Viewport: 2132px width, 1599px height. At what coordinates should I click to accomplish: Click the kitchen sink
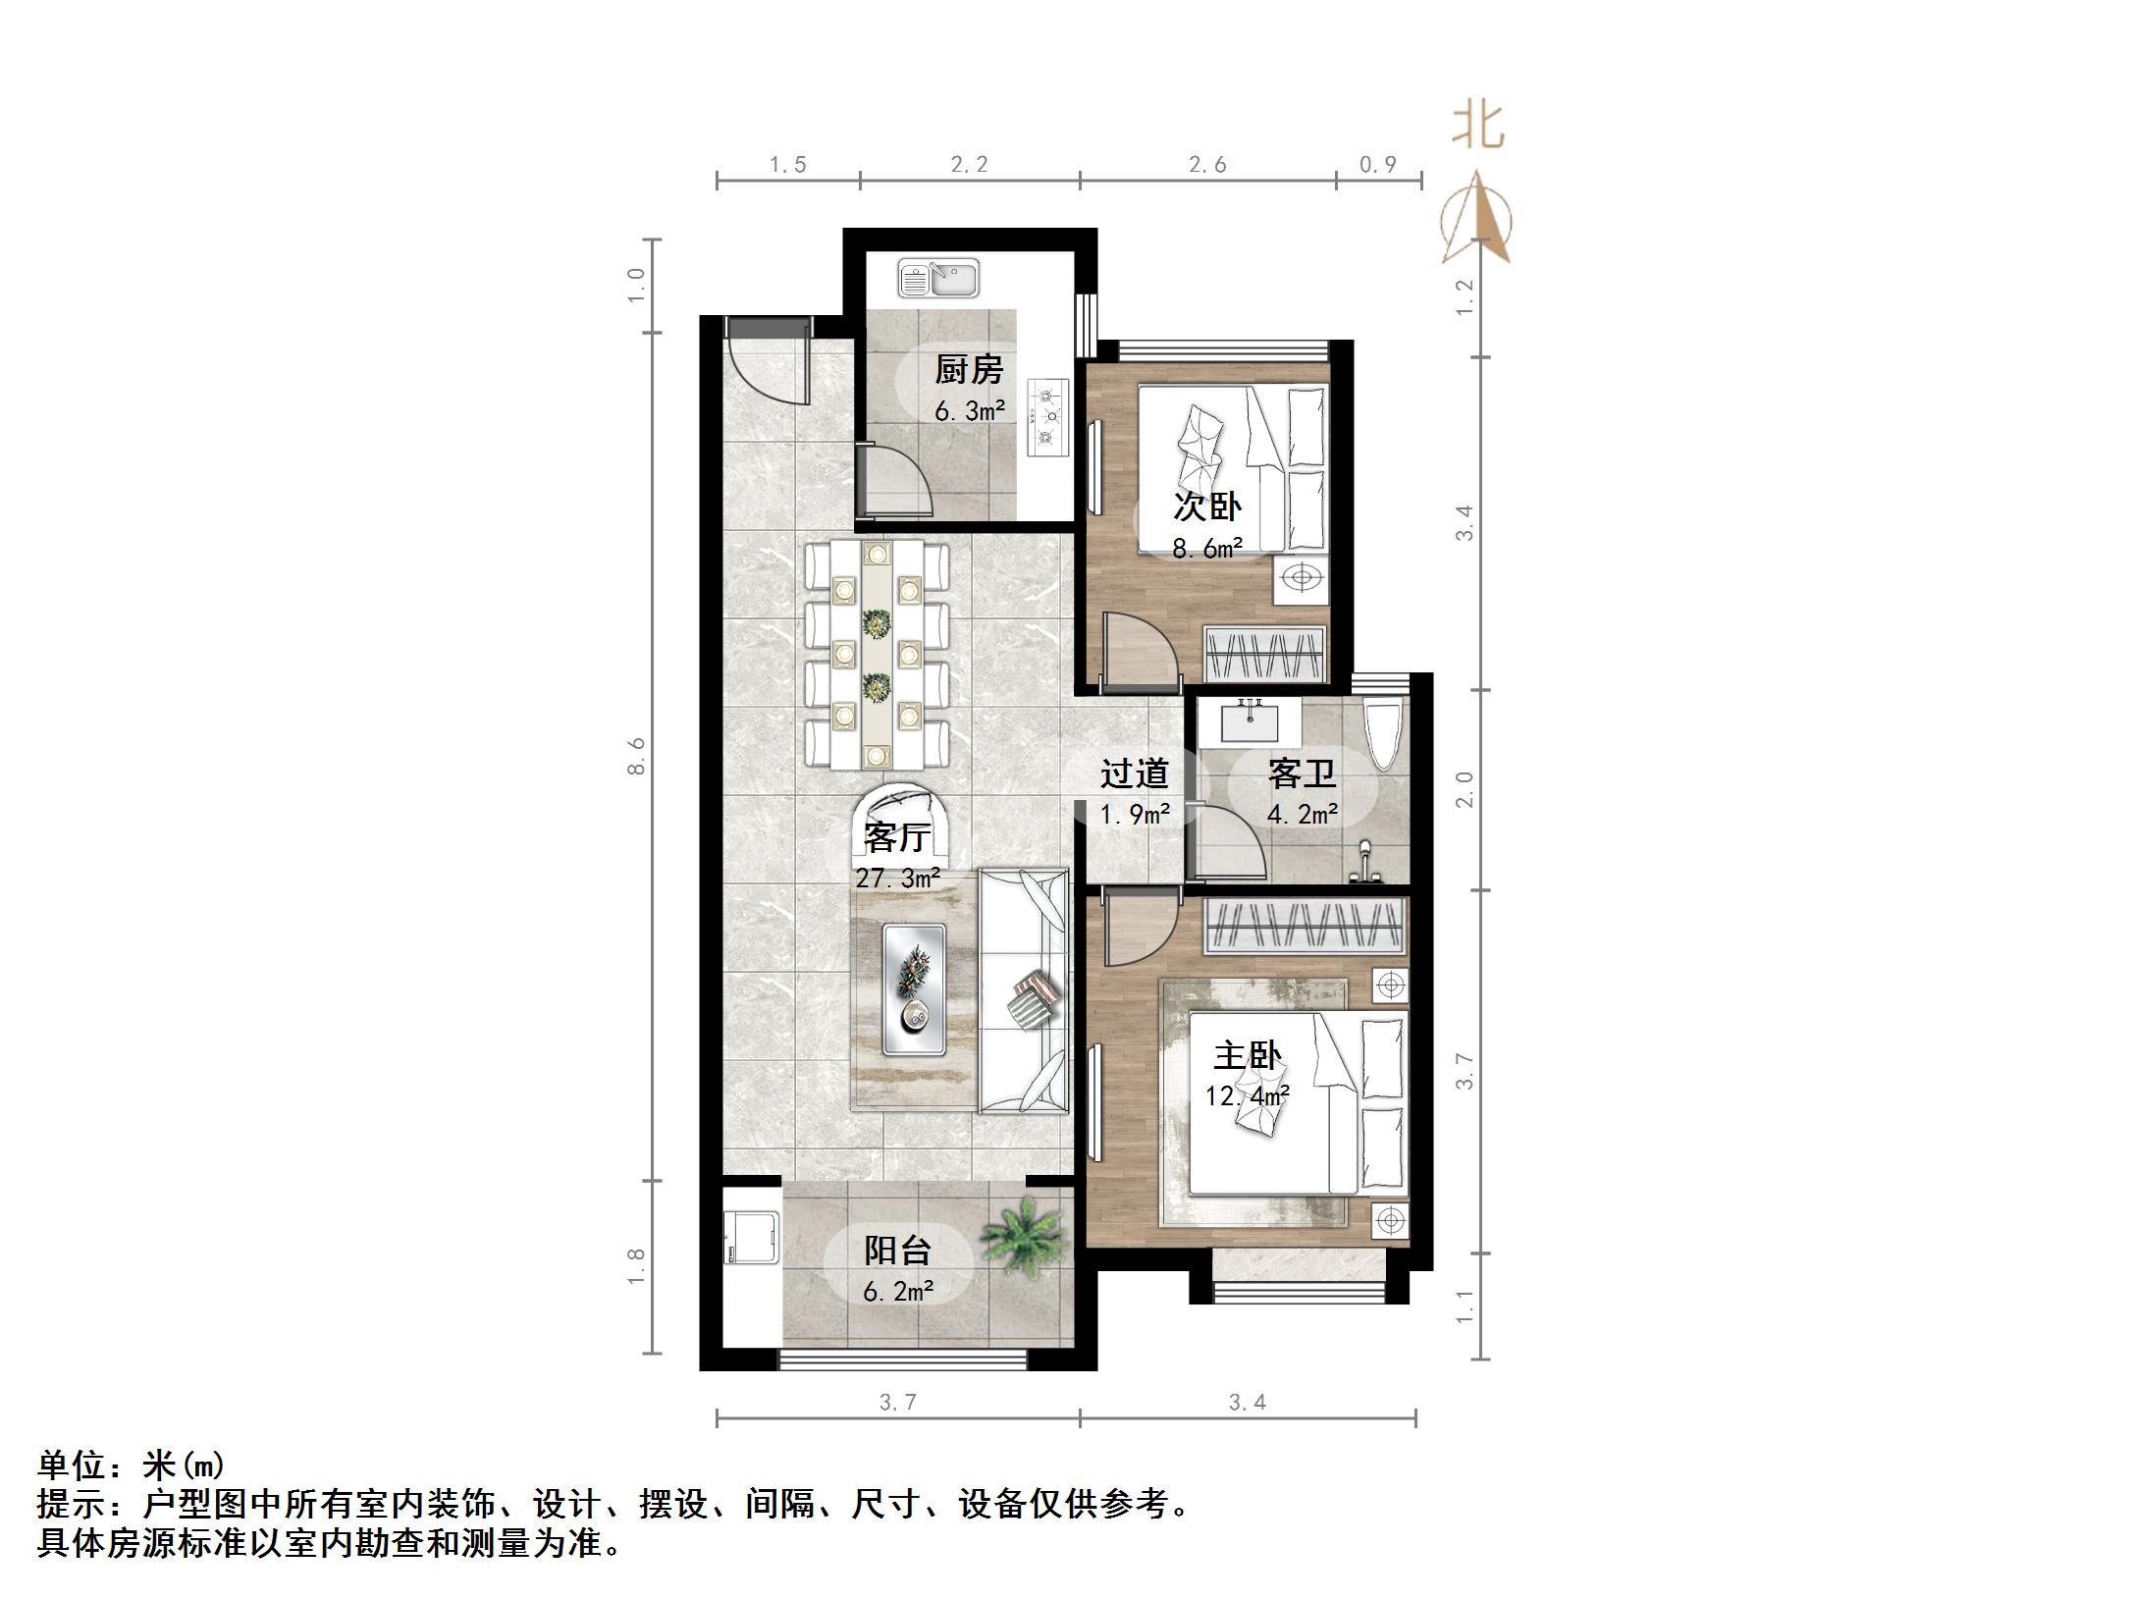click(x=938, y=279)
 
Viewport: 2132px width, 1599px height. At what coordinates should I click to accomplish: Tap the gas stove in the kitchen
click(x=1047, y=417)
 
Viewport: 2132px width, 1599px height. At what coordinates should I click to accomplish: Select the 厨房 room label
click(x=969, y=370)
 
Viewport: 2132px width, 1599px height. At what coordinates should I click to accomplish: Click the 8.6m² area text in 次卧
click(x=1207, y=549)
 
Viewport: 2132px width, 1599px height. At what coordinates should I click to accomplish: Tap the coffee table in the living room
click(x=915, y=988)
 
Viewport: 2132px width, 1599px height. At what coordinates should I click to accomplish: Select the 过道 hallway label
click(x=1134, y=773)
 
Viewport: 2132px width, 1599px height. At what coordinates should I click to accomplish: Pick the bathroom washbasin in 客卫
click(x=1251, y=722)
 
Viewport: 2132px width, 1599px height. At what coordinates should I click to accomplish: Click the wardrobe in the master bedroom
click(x=1305, y=925)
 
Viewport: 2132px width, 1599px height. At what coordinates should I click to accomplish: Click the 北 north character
click(x=1478, y=127)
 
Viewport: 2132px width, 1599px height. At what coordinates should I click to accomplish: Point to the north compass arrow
click(x=1477, y=219)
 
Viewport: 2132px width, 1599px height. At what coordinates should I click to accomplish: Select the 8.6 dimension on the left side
click(x=637, y=756)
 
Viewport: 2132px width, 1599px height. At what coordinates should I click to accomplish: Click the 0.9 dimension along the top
click(x=1378, y=165)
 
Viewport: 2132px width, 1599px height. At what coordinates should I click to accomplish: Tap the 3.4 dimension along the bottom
click(x=1247, y=1403)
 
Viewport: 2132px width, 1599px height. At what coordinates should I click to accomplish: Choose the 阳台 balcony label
click(x=897, y=1251)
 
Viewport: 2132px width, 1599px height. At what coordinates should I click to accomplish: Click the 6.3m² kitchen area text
click(x=969, y=411)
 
